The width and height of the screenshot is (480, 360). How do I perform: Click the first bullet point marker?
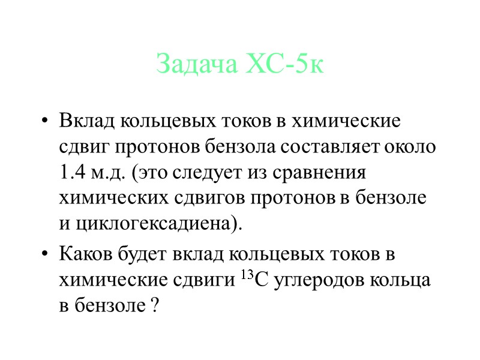pos(44,122)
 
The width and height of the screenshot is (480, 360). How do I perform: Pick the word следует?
pos(207,173)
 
